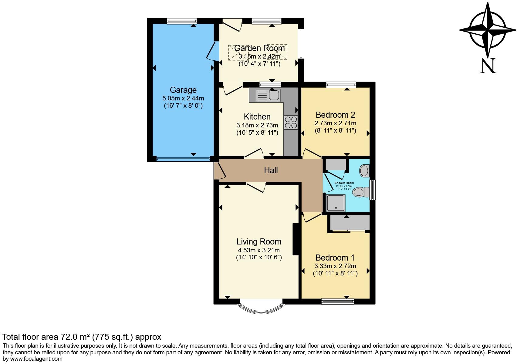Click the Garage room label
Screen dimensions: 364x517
[183, 90]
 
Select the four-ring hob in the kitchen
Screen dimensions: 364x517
[291, 123]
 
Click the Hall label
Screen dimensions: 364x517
[271, 170]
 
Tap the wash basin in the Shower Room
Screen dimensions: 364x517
[364, 171]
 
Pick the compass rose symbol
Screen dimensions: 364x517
[488, 30]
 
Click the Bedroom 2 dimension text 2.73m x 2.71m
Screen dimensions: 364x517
[335, 123]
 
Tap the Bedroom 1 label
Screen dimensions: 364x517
[335, 258]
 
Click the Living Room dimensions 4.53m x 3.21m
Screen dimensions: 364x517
[259, 250]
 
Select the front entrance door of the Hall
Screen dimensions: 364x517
[220, 172]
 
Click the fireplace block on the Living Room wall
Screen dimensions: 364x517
[295, 239]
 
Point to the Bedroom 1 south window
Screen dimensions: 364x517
[337, 301]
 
